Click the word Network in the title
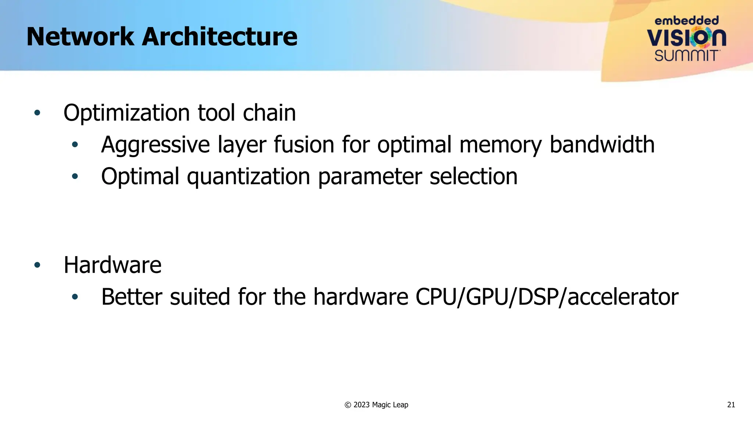[80, 37]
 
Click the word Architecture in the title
[220, 37]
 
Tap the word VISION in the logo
[686, 38]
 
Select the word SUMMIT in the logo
[686, 56]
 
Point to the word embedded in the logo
[686, 21]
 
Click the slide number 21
[731, 405]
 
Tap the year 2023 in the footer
[361, 405]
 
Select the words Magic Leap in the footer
[390, 405]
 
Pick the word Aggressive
[155, 145]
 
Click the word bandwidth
[602, 144]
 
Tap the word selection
[473, 176]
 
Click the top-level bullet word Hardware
[113, 265]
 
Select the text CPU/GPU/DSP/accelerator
[547, 297]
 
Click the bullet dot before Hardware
[37, 265]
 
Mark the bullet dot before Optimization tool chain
[37, 113]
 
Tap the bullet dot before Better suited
[75, 297]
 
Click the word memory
[500, 145]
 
